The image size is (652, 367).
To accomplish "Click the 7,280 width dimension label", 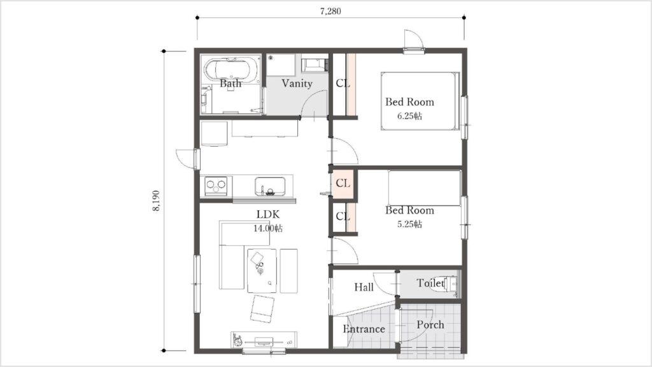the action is (x=330, y=11).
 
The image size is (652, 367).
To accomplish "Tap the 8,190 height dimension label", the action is (x=156, y=201).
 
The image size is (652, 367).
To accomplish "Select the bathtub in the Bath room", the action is (x=230, y=69).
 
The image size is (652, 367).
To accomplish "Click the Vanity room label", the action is (x=297, y=83).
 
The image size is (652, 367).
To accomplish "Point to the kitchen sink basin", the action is (x=270, y=186).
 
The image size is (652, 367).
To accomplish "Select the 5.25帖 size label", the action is (x=409, y=224).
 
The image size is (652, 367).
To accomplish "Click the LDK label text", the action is (x=268, y=215).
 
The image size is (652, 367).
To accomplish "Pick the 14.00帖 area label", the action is (x=268, y=228).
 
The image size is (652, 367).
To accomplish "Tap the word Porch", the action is (x=430, y=324).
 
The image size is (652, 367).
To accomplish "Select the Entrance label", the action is (x=364, y=329).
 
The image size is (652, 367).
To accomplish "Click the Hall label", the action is (x=364, y=287).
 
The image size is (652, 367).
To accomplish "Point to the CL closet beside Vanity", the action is (x=343, y=83).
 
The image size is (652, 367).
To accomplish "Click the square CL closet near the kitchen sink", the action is (x=343, y=183).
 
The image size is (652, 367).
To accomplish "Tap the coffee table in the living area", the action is (x=262, y=270).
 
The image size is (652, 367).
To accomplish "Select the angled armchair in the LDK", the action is (x=262, y=309).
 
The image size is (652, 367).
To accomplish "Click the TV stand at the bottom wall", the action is (x=264, y=339).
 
